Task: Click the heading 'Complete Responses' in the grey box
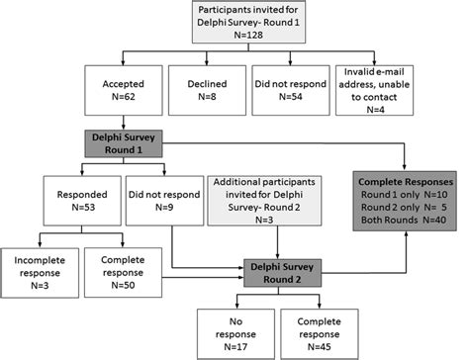[x=408, y=181]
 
